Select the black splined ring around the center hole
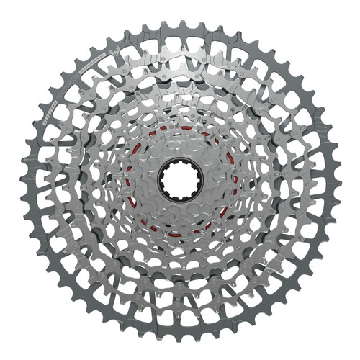(181, 160)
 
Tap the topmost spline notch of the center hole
(181, 164)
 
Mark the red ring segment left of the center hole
(130, 180)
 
